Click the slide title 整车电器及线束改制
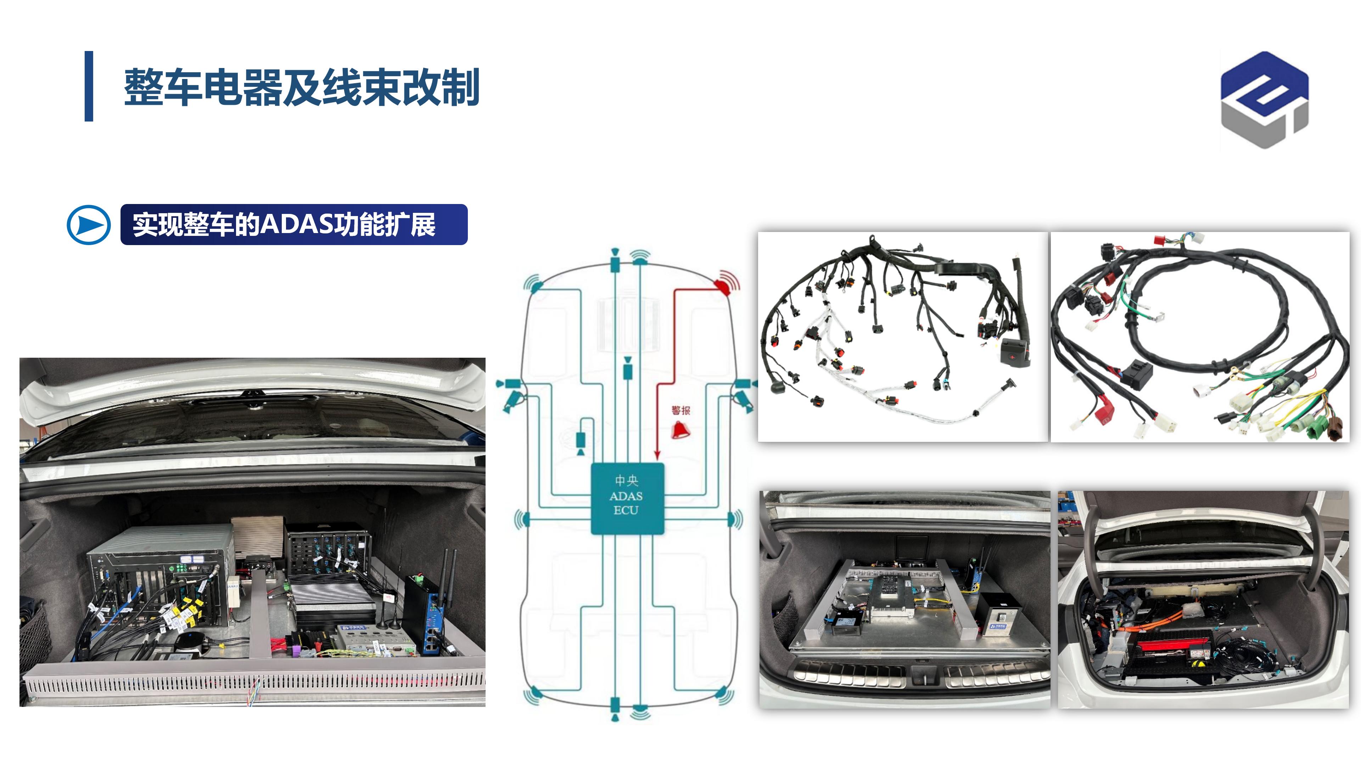click(x=301, y=87)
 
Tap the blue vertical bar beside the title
click(x=89, y=86)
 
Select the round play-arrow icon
click(x=89, y=225)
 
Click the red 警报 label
click(x=680, y=410)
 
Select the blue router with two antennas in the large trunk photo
click(x=428, y=612)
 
